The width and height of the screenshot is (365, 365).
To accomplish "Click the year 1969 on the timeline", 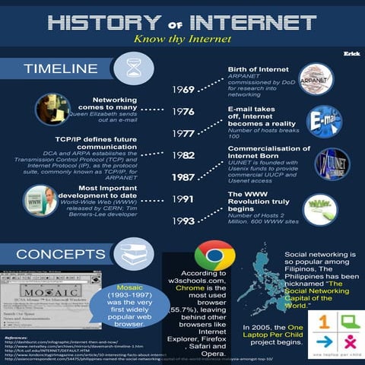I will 183,90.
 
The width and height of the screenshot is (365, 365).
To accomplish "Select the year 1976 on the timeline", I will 183,112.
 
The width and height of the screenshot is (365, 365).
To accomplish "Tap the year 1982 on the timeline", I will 183,154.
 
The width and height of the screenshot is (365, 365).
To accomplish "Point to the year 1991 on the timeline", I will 183,198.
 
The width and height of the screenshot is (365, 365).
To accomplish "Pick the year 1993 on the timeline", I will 183,221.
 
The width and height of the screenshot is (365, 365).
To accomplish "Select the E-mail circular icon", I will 324,120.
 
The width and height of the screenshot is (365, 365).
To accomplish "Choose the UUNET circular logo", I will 332,163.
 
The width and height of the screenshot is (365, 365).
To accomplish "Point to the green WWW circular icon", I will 319,208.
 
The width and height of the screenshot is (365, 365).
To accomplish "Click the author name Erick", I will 351,53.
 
